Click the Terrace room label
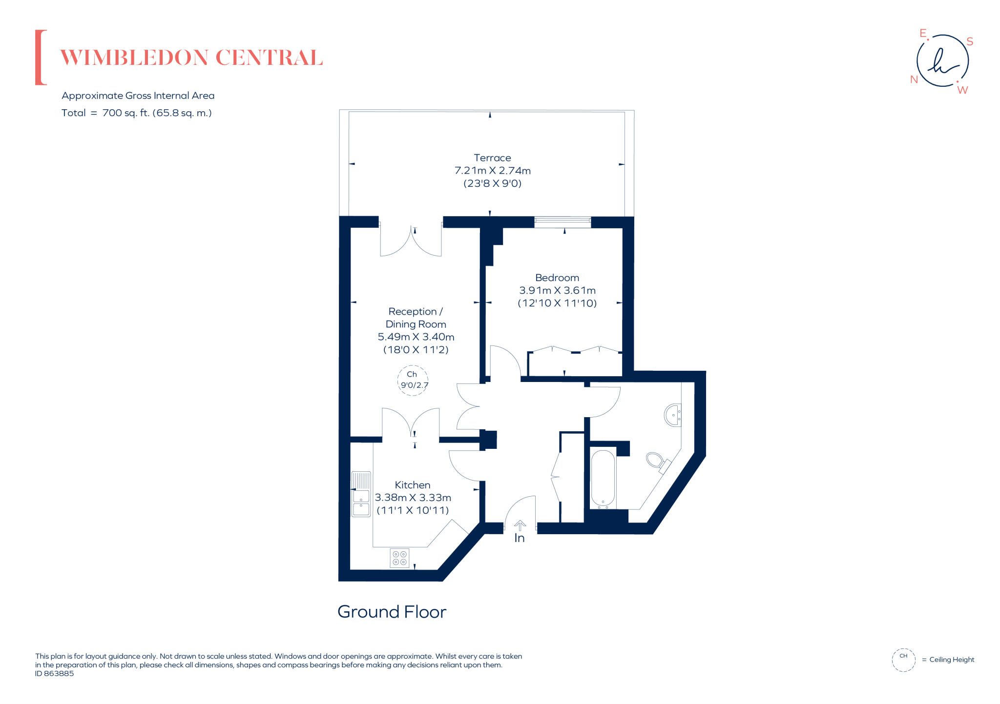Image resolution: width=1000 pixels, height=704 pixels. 492,158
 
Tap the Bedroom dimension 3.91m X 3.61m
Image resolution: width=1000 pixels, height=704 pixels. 557,290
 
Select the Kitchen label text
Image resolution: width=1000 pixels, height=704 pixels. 412,485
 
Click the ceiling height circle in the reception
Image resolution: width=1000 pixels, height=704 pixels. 413,380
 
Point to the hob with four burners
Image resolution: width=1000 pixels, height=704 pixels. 399,558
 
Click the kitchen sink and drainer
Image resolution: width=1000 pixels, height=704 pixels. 361,494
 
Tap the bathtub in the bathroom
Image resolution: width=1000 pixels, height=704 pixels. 603,479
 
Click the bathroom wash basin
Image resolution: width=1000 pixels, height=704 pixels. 673,415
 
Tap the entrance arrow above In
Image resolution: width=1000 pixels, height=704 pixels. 520,525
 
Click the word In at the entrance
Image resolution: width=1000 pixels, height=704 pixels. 520,538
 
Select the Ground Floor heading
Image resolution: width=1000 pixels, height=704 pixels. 392,612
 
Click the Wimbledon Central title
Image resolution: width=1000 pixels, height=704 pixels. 191,58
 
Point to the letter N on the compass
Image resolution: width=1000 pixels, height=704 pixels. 914,80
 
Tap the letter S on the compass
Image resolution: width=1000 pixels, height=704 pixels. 970,42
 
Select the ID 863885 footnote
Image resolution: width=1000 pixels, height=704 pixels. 54,674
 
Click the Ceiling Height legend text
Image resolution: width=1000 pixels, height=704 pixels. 951,660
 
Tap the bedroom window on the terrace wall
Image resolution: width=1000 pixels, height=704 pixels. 562,222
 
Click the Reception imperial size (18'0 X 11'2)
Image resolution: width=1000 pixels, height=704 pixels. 416,350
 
